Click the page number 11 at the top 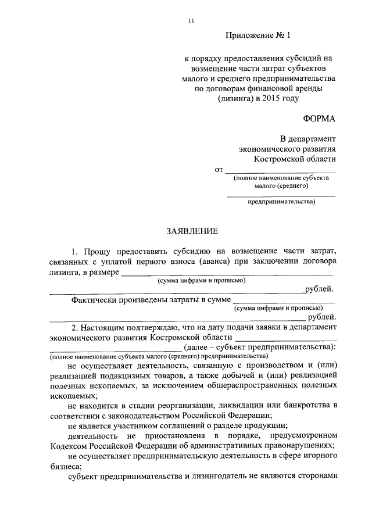[190, 22]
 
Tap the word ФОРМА [319, 119]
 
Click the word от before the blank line [219, 170]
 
